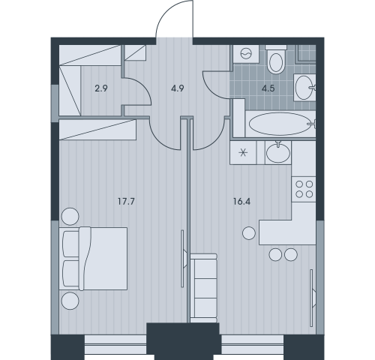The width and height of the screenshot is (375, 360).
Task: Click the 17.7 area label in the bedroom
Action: pos(126,201)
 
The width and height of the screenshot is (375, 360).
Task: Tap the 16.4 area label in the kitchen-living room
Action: pos(241,201)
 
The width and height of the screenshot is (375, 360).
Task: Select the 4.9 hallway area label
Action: pos(178,88)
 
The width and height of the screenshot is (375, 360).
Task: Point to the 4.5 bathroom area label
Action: pos(268,88)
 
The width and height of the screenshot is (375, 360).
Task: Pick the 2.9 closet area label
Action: pos(101,88)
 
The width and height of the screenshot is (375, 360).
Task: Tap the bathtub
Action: pos(280,124)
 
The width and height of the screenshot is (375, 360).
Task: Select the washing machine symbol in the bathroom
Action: pos(246,54)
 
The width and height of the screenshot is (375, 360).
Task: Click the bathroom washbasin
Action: pos(304,88)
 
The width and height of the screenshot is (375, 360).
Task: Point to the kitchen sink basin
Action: pos(278,152)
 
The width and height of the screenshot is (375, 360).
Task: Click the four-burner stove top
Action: pos(304,189)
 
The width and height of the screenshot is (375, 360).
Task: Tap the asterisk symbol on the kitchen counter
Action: pos(243,152)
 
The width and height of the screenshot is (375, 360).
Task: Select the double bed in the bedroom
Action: pos(93,259)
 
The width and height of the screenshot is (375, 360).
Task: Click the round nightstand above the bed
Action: pos(70,217)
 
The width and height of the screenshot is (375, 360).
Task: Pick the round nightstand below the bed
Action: pos(70,301)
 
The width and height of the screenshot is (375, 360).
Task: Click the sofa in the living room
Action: pos(203,288)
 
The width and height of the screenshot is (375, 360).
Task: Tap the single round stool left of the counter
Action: pos(249,233)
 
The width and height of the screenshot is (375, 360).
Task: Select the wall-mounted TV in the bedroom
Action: pos(184,259)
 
